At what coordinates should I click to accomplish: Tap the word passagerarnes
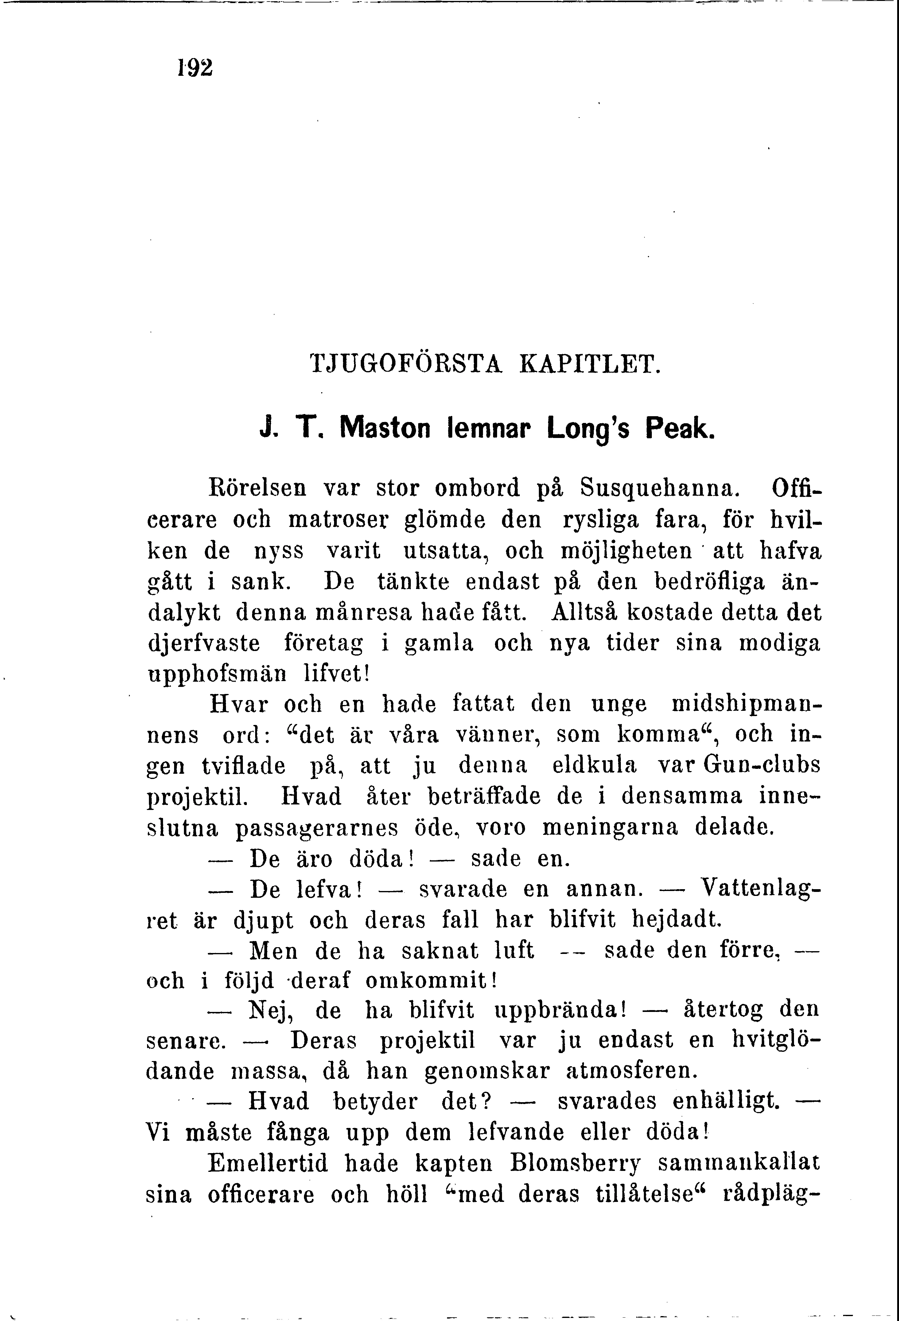[317, 827]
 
